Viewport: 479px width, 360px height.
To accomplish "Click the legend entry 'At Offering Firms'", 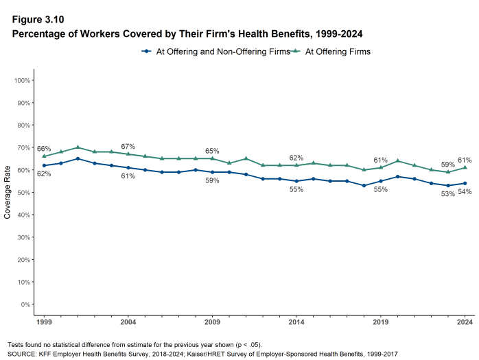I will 338,51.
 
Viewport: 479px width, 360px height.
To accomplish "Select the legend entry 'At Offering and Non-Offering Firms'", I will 213,51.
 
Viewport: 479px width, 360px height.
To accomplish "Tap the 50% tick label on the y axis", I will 23,192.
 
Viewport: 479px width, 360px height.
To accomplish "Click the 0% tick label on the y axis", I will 25,304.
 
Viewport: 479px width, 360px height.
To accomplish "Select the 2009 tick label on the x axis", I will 212,322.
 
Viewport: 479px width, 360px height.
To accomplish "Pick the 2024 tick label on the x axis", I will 465,322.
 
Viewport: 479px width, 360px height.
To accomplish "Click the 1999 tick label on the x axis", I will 44,322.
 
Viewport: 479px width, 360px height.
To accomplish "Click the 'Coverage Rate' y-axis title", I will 8,192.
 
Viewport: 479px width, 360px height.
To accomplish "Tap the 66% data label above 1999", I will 44,149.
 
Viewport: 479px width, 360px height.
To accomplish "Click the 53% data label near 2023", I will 448,194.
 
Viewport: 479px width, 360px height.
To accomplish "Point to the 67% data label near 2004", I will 128,147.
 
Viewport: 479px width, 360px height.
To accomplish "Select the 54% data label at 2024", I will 465,191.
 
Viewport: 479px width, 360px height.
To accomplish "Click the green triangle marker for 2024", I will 465,167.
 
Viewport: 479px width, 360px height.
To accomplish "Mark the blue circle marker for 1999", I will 44,165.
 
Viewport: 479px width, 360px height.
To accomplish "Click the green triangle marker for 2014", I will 296,165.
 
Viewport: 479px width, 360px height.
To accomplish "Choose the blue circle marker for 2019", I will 381,181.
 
